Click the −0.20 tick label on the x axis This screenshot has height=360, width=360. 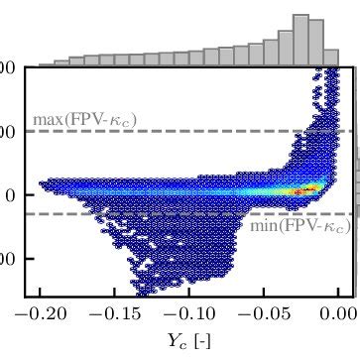coord(38,314)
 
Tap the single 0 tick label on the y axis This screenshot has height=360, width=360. coord(9,194)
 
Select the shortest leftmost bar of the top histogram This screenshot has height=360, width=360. coord(47,64)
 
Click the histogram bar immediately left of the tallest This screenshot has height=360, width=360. coord(286,48)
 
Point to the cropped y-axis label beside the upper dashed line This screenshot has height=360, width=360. coord(7,131)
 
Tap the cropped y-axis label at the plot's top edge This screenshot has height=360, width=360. coord(7,67)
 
